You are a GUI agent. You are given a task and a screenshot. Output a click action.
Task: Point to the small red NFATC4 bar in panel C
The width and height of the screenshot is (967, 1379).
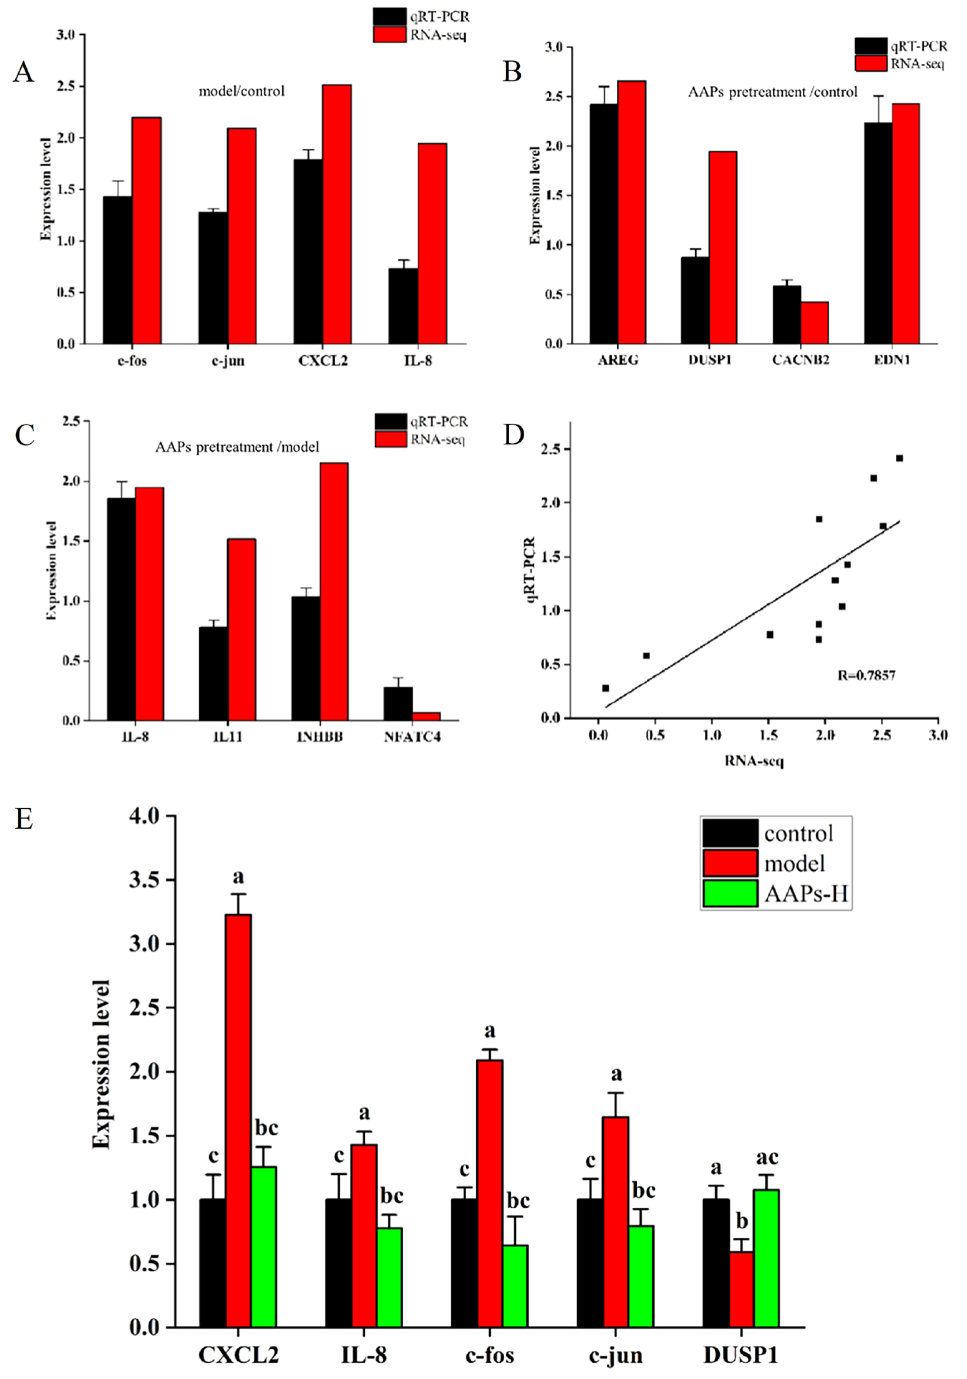click(426, 716)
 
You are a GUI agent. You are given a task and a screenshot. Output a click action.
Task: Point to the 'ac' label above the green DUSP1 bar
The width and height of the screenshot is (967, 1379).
click(767, 1157)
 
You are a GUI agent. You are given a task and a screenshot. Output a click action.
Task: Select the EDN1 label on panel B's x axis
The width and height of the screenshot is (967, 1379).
click(892, 360)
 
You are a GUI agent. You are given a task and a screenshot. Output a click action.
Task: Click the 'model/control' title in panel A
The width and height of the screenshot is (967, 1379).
click(242, 91)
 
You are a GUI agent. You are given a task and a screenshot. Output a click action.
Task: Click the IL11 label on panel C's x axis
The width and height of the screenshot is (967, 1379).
click(228, 736)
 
